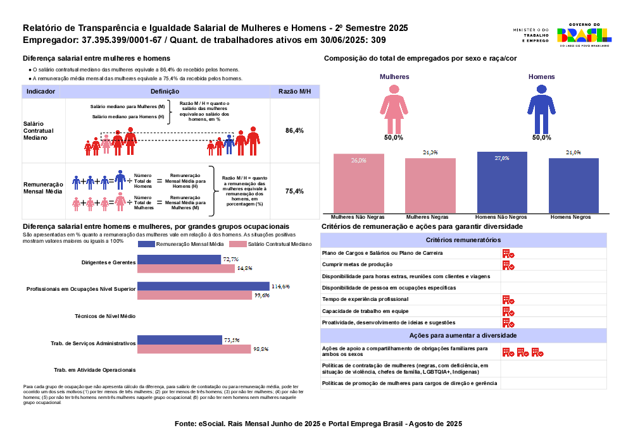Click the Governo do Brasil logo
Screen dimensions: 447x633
583,37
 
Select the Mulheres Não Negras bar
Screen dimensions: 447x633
359,183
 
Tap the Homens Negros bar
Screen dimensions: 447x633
573,185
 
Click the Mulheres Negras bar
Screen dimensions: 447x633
430,185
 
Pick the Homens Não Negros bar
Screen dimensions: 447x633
502,182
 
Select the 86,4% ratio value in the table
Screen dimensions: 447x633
295,130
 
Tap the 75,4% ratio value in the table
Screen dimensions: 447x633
295,191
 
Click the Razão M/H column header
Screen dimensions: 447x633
295,92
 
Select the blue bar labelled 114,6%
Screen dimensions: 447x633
203,286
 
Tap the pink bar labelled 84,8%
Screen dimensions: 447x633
187,268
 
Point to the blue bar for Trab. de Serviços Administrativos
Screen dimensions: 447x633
180,340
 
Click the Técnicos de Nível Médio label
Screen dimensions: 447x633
105,316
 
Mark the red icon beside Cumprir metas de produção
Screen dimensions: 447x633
508,264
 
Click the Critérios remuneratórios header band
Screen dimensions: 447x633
463,240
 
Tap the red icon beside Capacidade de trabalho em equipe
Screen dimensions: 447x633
508,311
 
